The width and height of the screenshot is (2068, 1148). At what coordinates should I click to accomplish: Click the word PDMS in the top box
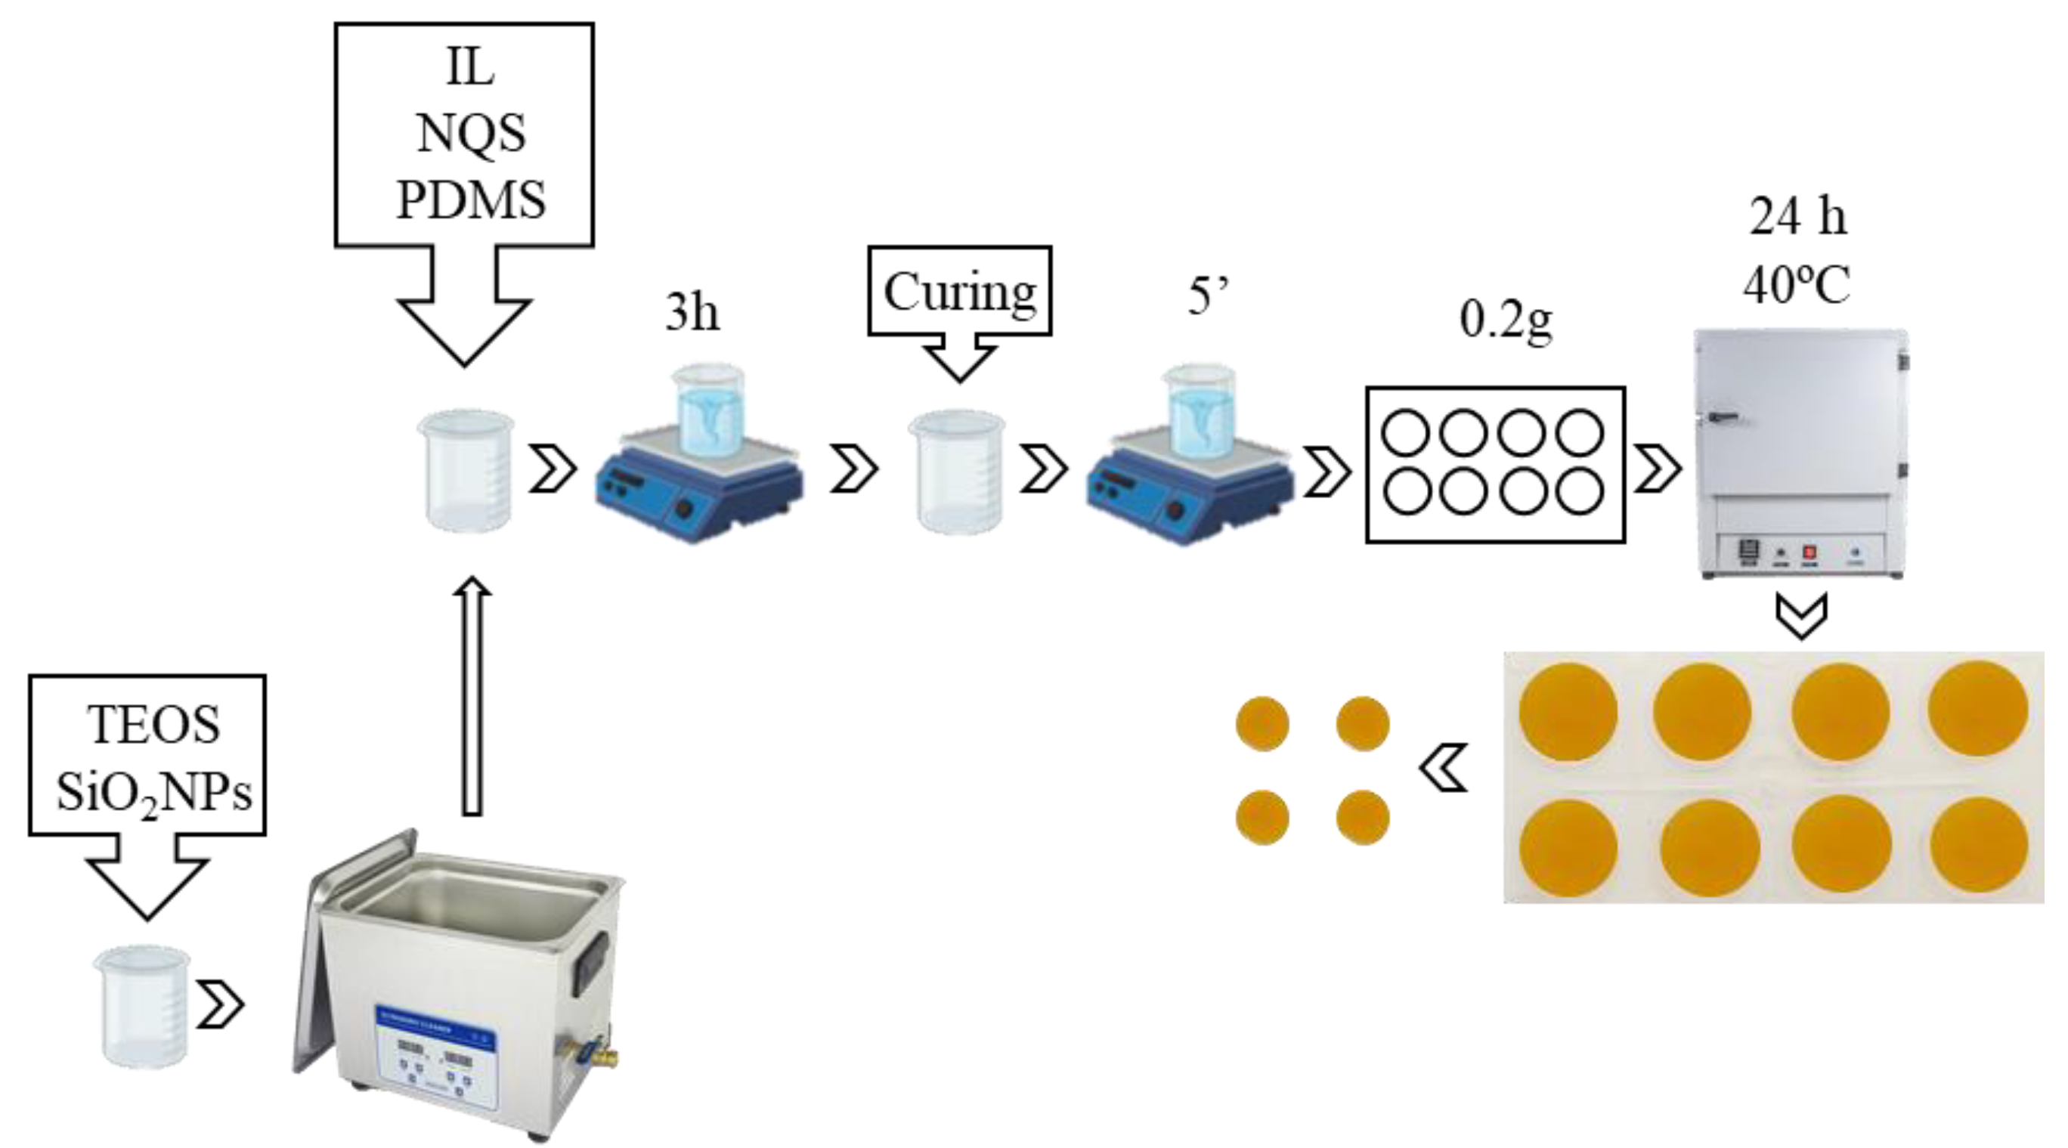coord(471,199)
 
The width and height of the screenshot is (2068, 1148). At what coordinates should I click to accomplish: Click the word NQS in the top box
coord(471,132)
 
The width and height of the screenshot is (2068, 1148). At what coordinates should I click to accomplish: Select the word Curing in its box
coord(959,292)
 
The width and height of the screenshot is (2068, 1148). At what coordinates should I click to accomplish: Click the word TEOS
coord(153,725)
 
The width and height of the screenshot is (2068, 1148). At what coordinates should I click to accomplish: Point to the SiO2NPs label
coord(153,793)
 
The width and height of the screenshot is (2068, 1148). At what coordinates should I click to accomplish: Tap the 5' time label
coord(1208,296)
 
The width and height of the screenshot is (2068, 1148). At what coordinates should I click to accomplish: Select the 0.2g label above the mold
coord(1505,320)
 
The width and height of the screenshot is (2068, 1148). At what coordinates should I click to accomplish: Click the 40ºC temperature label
coord(1797,284)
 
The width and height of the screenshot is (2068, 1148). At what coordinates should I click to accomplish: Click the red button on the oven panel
coord(1810,552)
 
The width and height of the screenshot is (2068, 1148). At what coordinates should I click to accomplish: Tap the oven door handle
coord(1723,416)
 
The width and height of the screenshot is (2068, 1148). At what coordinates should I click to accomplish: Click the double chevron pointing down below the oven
coord(1801,616)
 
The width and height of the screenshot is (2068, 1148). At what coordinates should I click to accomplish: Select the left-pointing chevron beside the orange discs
coord(1444,767)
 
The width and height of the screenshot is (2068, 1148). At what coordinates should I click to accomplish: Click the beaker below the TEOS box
coord(143,1007)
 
